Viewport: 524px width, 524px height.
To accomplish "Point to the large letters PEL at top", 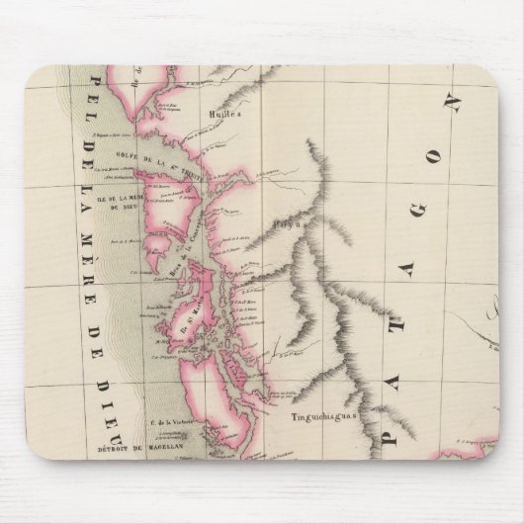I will tap(97, 95).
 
